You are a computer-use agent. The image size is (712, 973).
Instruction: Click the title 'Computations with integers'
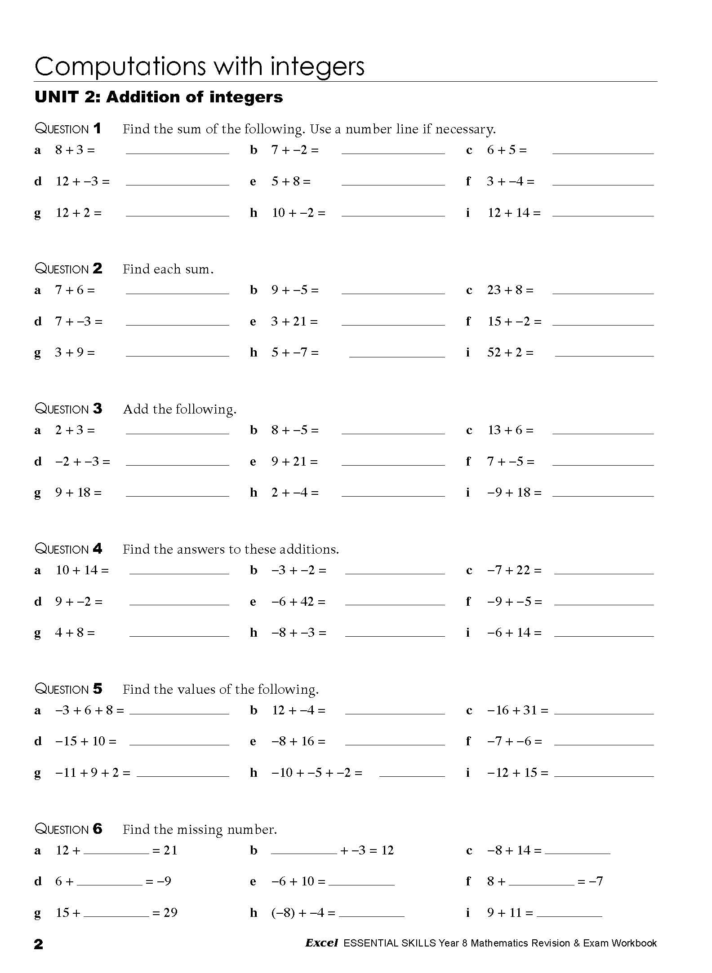point(199,66)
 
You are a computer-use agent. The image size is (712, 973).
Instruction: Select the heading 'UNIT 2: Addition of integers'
point(159,97)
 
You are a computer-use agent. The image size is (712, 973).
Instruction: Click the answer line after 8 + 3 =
point(177,153)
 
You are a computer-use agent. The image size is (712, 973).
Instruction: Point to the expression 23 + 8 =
point(510,290)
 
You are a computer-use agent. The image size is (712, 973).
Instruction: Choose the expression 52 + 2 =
point(510,352)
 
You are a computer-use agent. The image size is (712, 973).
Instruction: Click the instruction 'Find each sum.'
point(168,269)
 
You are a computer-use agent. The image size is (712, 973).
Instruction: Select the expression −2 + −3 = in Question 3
point(82,462)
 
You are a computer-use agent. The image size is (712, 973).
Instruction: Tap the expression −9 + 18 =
point(514,493)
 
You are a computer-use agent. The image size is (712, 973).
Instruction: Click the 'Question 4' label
point(68,549)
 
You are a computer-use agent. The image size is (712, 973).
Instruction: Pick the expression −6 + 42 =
point(298,602)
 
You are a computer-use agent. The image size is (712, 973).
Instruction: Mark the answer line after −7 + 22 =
point(604,573)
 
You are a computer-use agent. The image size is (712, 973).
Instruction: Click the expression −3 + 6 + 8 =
point(89,710)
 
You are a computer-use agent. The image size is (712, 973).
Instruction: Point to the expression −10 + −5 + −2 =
point(316,773)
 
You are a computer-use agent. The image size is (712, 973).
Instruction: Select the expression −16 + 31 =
point(517,710)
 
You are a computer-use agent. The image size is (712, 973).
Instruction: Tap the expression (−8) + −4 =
point(303,913)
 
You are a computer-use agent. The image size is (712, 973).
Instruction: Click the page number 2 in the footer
point(39,944)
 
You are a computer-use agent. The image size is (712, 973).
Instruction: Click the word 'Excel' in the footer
point(321,943)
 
